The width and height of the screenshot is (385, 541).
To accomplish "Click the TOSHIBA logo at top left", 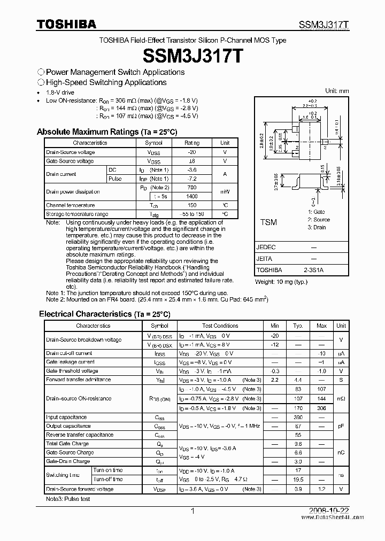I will coord(67,24).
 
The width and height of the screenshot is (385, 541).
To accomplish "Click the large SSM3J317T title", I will coord(192,56).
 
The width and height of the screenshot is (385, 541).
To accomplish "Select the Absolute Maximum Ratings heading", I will coord(106,132).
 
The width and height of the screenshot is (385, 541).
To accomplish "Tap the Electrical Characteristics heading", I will coord(104,314).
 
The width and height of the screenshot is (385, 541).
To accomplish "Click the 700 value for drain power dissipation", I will coord(192,188).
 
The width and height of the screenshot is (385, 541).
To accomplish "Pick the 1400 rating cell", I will coord(192,196).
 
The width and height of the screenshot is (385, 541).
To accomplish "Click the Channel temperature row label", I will coord(70,205).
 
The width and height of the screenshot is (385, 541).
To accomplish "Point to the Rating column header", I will coord(192,143).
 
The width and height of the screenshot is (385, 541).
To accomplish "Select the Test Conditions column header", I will coord(220,326).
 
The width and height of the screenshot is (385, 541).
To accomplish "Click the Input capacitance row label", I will coord(66,418).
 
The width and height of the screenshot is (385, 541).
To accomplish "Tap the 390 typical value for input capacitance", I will coord(298,418).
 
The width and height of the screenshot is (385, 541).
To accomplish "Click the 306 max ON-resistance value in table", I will coord(321,408).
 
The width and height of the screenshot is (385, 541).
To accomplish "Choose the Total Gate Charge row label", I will coord(67,444).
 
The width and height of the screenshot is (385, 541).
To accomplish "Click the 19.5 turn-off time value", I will coord(298,480).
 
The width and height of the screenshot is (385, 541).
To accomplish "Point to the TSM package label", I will coord(268,222).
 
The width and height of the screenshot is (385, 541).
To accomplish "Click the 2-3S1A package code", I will coord(313,270).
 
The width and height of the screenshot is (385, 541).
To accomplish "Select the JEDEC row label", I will coord(266,248).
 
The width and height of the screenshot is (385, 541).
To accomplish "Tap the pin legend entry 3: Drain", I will coord(317,227).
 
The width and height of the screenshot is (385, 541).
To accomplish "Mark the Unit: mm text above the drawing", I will coord(337,91).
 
